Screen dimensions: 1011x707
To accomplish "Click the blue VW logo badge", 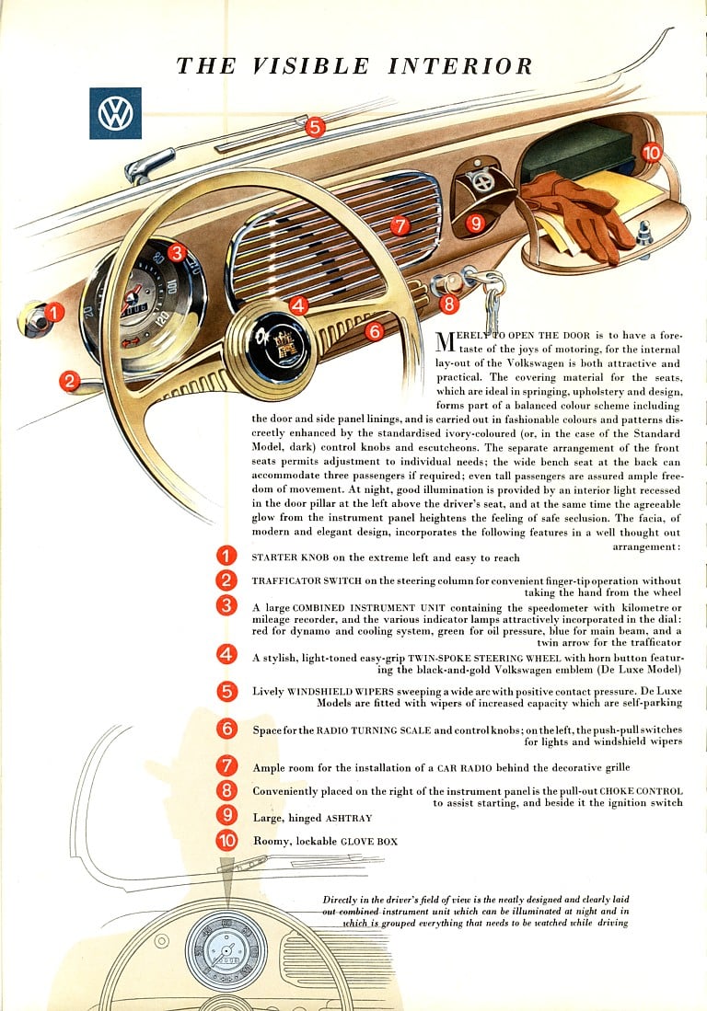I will click(x=115, y=113).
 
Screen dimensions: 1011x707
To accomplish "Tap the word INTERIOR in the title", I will click(x=460, y=66).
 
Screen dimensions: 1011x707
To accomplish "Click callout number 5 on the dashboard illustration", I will click(x=315, y=128).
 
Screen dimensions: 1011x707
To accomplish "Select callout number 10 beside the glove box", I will click(x=652, y=153).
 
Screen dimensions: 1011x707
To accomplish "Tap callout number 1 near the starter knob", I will click(x=54, y=313).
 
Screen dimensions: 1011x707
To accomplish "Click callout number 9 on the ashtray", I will click(x=475, y=223).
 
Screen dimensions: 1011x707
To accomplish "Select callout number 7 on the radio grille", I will click(x=399, y=225).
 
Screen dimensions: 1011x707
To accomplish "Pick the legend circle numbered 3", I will click(x=226, y=605).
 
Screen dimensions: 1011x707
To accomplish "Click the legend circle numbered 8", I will click(x=226, y=790).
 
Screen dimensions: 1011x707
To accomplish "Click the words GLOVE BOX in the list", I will click(x=369, y=841).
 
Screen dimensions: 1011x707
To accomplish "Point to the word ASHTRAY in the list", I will click(x=349, y=818).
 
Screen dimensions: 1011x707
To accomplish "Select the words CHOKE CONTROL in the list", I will click(x=642, y=791).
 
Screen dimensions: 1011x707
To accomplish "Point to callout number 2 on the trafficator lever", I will click(x=70, y=381).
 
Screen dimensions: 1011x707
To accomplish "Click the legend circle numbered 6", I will click(x=226, y=730).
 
